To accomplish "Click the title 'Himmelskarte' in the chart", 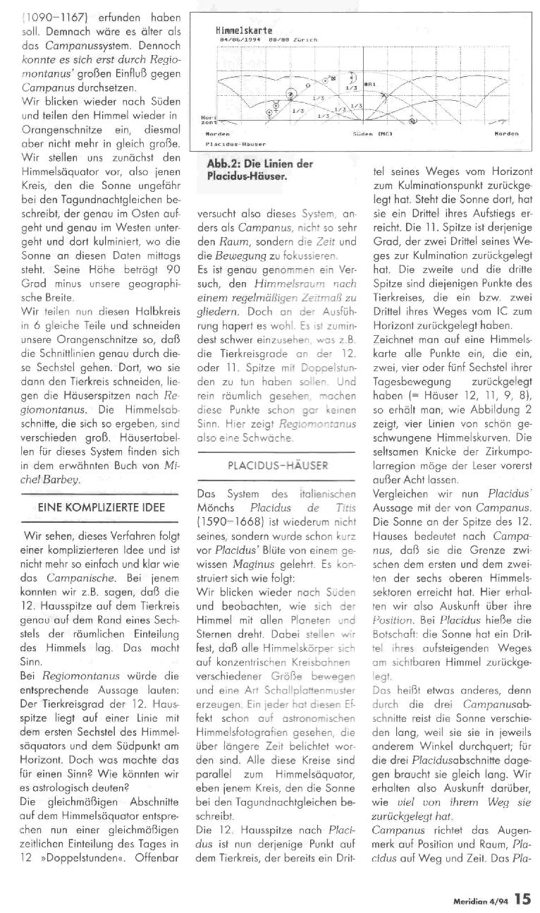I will [x=236, y=32].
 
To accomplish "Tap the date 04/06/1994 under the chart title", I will [x=235, y=40].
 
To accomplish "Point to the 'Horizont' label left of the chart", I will [x=208, y=120].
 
